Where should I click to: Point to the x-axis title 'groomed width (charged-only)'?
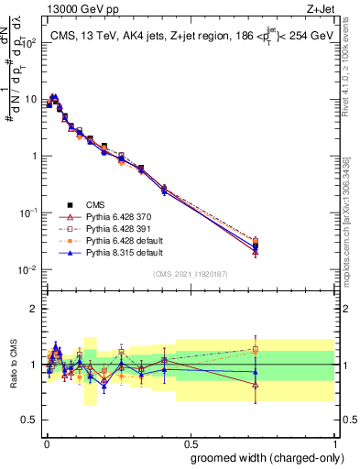(x=262, y=456)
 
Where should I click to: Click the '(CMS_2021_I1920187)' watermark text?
(x=190, y=275)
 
